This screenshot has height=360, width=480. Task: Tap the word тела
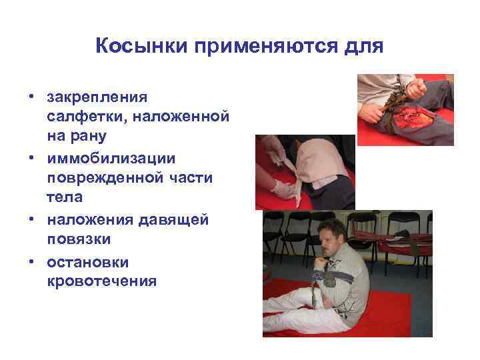coord(64,197)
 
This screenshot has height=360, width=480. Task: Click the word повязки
coord(78,238)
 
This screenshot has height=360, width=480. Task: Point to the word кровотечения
coord(102,281)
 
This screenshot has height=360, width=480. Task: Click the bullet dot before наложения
coord(31,218)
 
